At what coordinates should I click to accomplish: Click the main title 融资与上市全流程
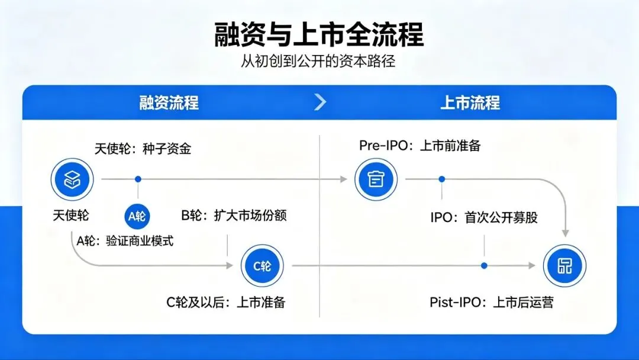click(319, 35)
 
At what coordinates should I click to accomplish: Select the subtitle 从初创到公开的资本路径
click(319, 62)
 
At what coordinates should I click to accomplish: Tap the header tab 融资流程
click(169, 103)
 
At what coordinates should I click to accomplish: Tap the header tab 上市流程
click(470, 103)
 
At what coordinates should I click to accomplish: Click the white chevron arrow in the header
click(320, 102)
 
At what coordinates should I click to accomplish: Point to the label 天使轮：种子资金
click(143, 149)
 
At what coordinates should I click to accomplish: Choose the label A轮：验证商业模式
click(125, 240)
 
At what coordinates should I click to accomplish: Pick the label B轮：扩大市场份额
click(234, 216)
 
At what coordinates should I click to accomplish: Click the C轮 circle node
click(262, 266)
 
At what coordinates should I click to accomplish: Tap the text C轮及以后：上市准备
click(226, 303)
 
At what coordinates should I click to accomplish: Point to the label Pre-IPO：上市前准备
click(419, 146)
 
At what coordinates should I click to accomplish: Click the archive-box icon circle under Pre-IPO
click(376, 178)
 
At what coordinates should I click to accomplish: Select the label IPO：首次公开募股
click(484, 217)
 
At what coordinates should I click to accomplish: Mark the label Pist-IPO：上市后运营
click(491, 303)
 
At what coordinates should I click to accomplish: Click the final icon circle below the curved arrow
click(565, 266)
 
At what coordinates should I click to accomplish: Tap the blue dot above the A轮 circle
click(138, 178)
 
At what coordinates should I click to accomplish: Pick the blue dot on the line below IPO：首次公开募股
click(484, 266)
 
